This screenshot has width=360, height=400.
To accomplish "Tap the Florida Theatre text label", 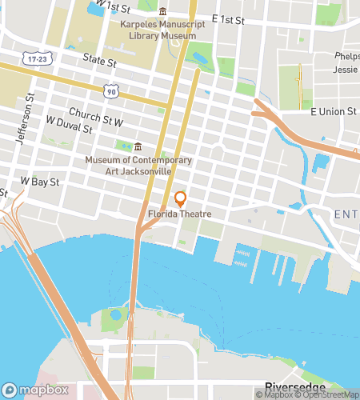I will (179, 214).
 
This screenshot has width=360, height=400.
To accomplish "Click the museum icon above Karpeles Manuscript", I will (163, 12).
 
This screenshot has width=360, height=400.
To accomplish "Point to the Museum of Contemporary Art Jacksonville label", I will (138, 165).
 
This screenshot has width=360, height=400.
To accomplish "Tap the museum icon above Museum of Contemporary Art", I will (138, 146).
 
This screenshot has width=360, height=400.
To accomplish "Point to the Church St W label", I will (96, 118).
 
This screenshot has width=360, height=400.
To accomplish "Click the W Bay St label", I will (40, 182).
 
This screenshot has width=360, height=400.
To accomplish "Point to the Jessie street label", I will (346, 70).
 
